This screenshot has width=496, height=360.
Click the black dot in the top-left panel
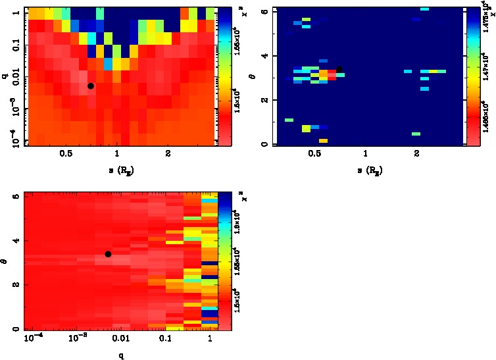coord(91,86)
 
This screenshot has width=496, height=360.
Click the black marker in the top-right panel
coord(339,69)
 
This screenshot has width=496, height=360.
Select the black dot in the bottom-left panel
coord(108,254)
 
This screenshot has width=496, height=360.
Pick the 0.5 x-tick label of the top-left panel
coord(66,155)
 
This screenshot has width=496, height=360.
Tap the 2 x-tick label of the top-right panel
coord(417,155)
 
